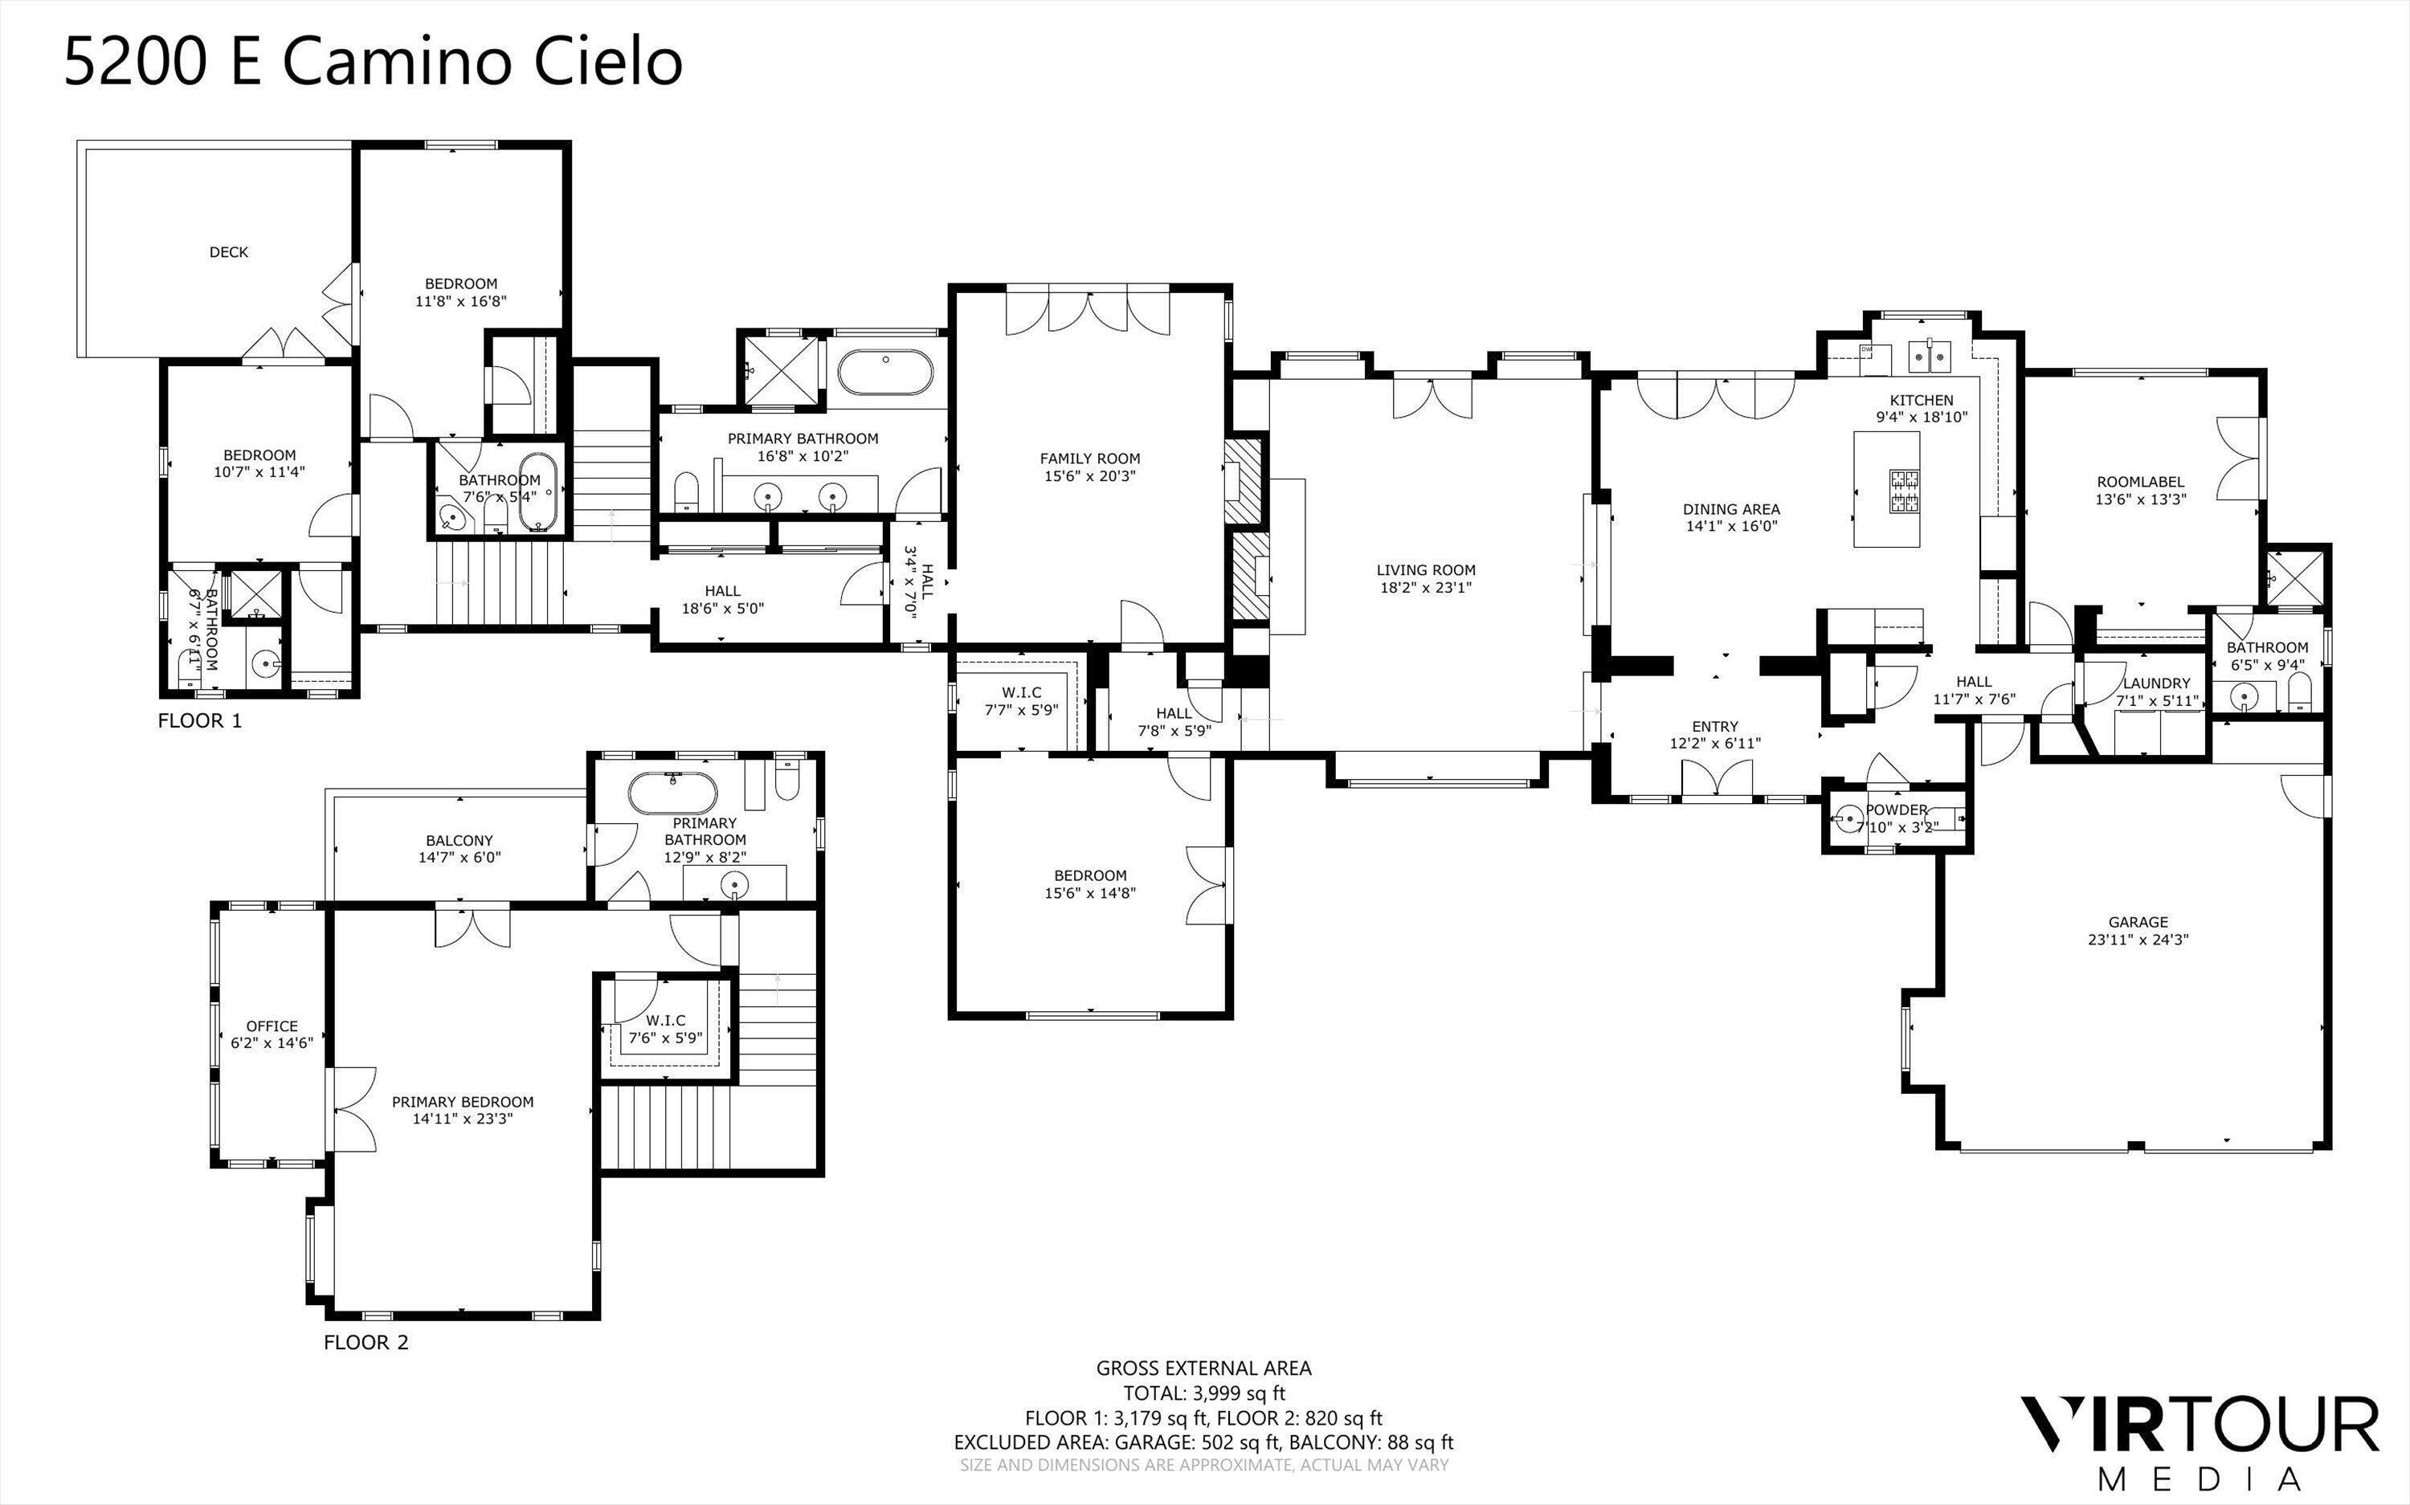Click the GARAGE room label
coord(2137,922)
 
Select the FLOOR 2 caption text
coord(366,1342)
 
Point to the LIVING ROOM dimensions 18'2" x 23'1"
coord(1425,587)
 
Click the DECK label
coord(228,252)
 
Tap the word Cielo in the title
coord(608,61)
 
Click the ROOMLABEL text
coord(2140,482)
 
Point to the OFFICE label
coord(272,1026)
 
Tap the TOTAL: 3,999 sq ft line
coord(1203,1393)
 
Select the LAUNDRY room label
coord(2156,683)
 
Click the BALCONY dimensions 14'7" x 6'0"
coord(459,857)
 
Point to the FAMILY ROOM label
coord(1089,458)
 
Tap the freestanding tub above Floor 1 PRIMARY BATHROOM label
coord(885,373)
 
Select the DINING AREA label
coord(1731,508)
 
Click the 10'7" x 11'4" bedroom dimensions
coord(259,471)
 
